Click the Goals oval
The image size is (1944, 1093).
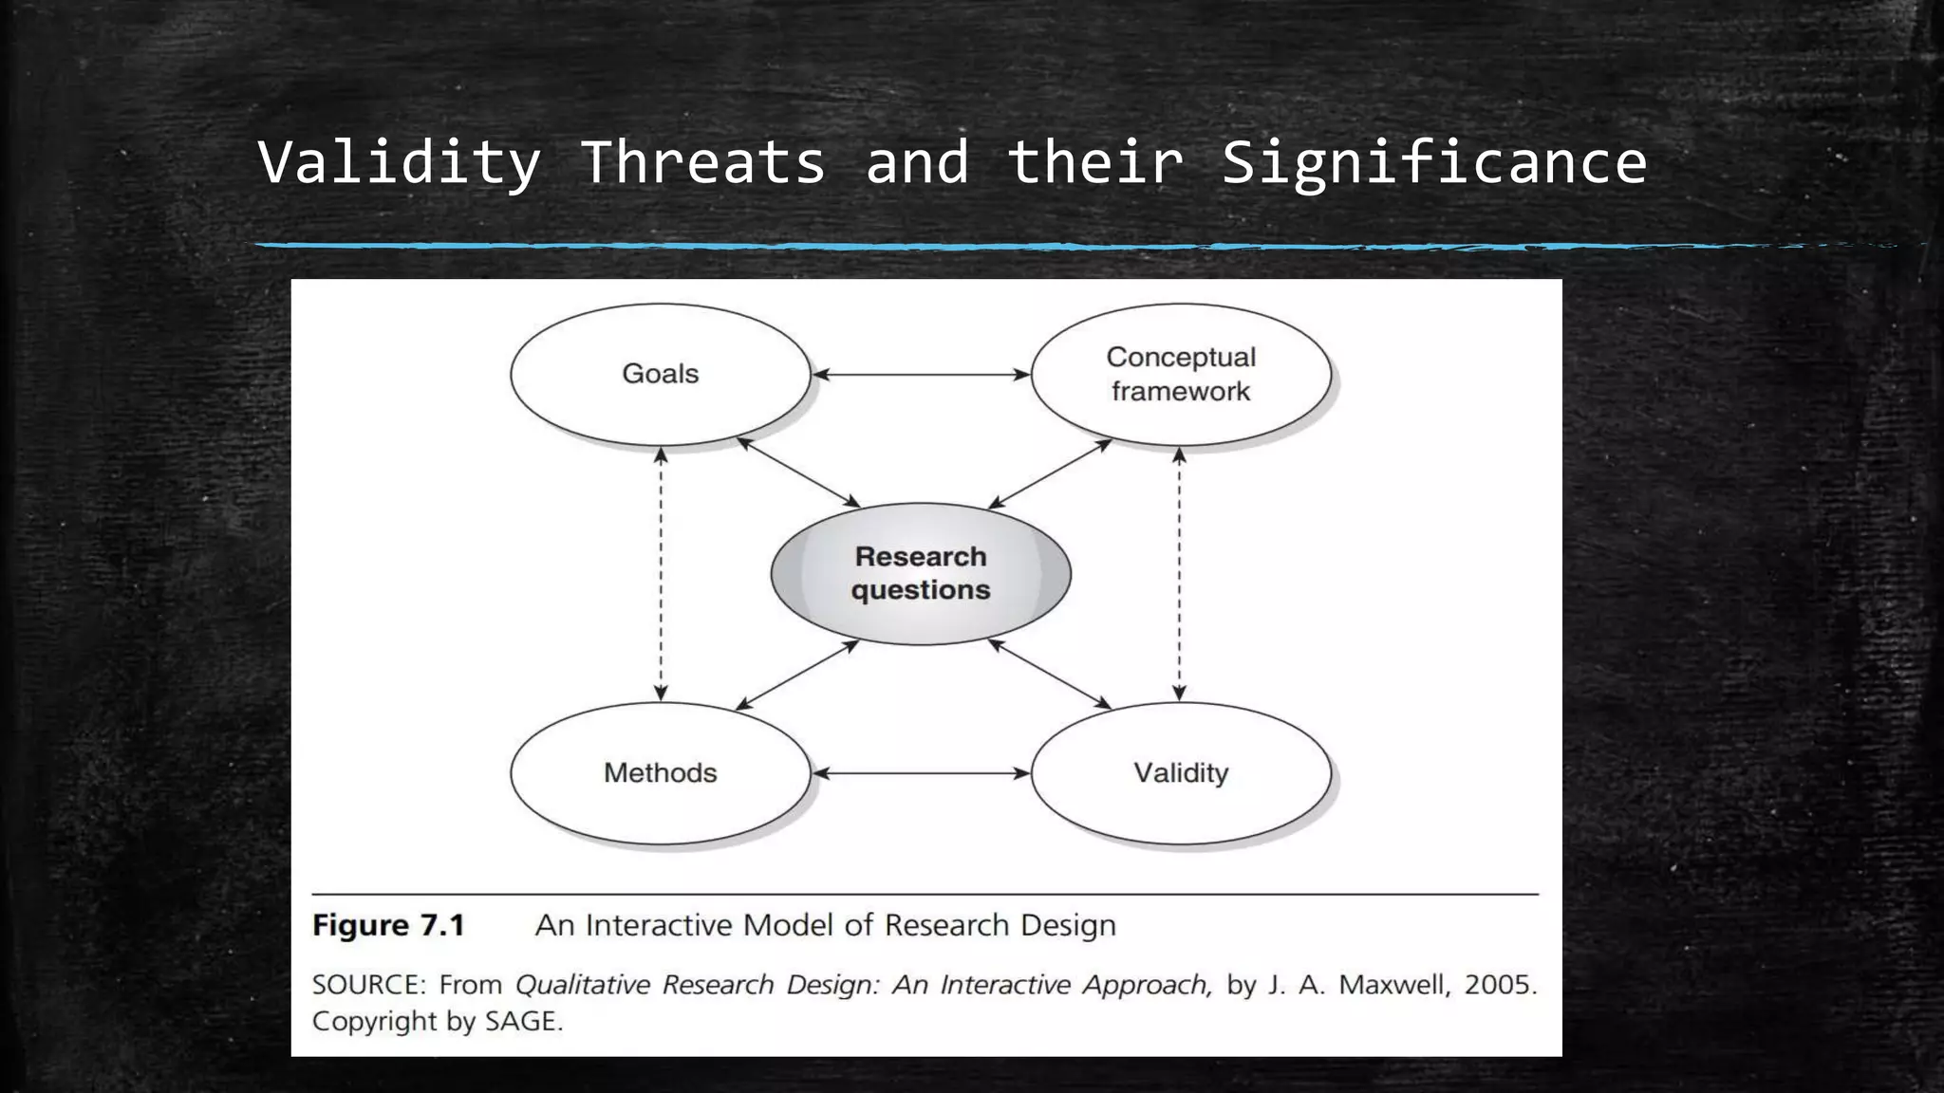(x=661, y=374)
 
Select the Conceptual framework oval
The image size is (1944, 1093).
(x=1181, y=374)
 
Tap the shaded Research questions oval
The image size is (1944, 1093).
(x=921, y=573)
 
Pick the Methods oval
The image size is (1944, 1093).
(x=661, y=773)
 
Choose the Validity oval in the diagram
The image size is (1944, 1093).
(x=1181, y=773)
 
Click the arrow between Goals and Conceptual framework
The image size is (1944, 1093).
(x=921, y=375)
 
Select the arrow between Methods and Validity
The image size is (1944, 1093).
(x=921, y=773)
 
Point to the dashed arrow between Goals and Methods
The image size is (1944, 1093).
(x=662, y=574)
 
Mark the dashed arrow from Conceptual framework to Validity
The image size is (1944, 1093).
(x=1179, y=574)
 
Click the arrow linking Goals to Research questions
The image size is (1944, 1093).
(x=798, y=472)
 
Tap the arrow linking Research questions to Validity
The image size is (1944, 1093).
(x=1049, y=674)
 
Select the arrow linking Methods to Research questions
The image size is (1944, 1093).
(x=797, y=675)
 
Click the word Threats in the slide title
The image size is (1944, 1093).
(x=702, y=162)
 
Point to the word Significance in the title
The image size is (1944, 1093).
(x=1433, y=162)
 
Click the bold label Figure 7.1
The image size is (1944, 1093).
(x=388, y=925)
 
